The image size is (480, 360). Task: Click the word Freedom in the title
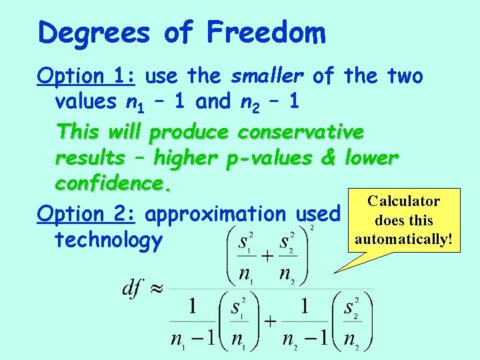coord(266,33)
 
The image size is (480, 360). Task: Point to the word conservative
coord(301,131)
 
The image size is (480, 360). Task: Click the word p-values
coord(267,159)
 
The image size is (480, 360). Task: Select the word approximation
coord(215,214)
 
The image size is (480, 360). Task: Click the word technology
coord(109,240)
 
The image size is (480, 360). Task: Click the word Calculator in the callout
coord(403,201)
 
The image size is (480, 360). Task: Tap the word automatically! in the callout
coord(403,238)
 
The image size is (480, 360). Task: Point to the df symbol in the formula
coord(132,288)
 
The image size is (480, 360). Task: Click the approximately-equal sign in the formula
coord(155,289)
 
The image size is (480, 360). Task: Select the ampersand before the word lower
coord(328,159)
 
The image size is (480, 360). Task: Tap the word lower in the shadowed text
coord(371,159)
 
